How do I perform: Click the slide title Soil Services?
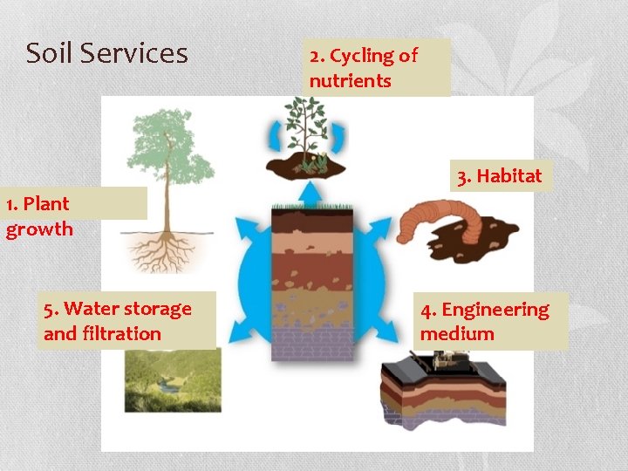click(x=106, y=53)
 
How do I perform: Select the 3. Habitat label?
click(x=500, y=175)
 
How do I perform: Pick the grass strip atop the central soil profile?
click(x=312, y=207)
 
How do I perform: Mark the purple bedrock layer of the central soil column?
click(x=312, y=344)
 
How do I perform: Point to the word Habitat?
click(x=509, y=175)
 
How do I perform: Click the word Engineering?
click(x=495, y=310)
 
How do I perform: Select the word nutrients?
click(x=350, y=81)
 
